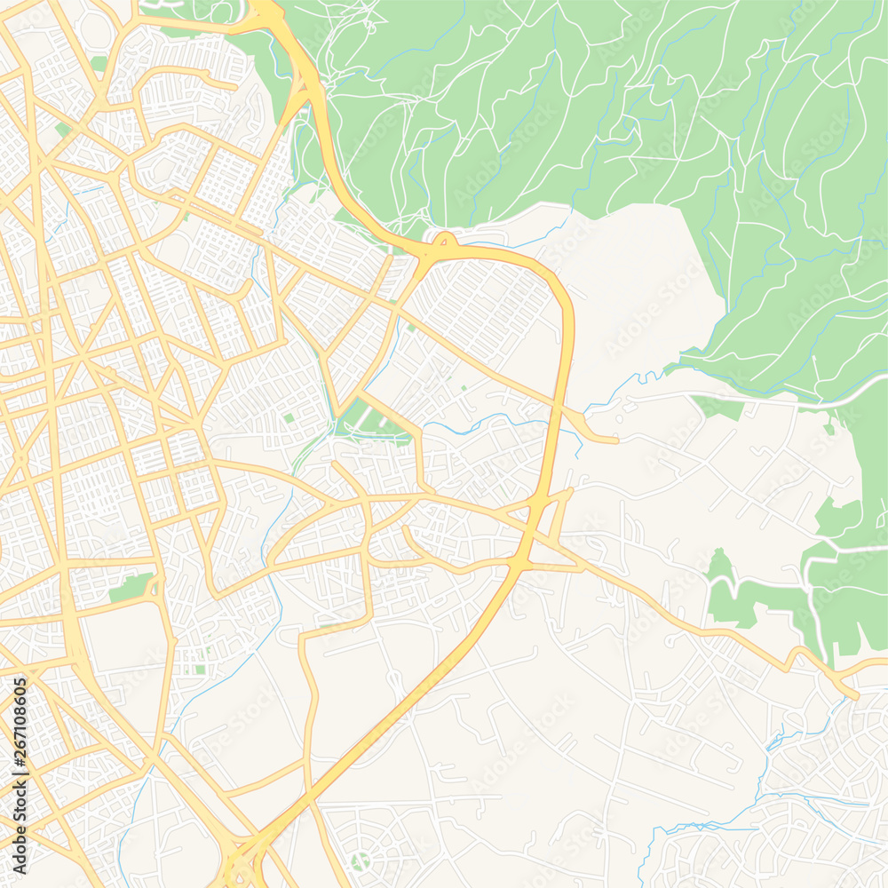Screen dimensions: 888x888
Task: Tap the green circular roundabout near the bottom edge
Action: coord(360,860)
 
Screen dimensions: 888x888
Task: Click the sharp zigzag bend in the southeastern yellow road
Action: coord(795,657)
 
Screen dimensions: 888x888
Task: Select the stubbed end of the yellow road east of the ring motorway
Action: coord(614,440)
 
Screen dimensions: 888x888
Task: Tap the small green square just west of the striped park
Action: coord(289,417)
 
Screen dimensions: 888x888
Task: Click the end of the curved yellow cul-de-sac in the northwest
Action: coord(235,86)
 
